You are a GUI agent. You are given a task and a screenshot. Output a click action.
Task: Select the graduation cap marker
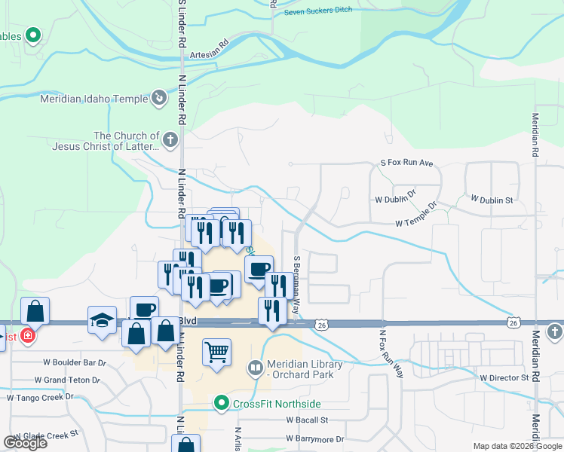coord(102,320)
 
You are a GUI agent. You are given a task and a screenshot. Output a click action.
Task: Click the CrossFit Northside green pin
coord(221,404)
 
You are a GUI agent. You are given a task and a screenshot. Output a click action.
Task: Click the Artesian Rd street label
coord(210,50)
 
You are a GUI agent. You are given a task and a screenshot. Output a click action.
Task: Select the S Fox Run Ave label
coord(406,163)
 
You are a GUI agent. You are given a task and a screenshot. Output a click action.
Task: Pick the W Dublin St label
coord(491,200)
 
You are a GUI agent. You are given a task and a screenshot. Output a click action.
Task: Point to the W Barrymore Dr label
coord(314,438)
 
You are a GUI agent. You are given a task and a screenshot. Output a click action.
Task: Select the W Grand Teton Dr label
coord(67,380)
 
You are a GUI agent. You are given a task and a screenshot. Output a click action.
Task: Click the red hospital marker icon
coord(28,335)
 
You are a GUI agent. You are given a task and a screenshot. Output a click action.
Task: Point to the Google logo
coord(26,442)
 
